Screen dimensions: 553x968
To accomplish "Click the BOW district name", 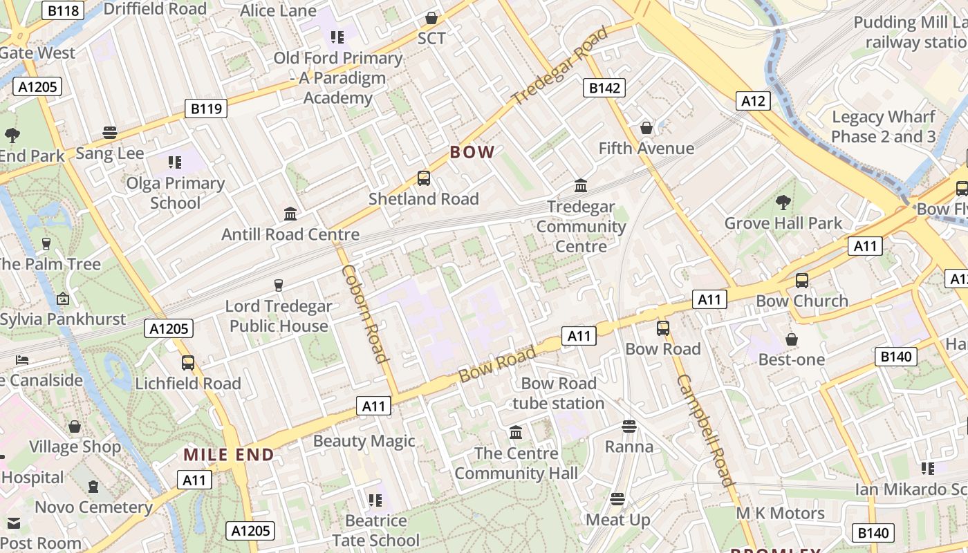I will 472,152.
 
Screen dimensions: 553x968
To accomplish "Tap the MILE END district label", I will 229,455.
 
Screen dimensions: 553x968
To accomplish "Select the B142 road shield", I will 604,88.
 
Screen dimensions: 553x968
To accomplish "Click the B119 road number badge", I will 206,109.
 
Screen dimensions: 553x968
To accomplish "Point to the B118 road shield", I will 63,10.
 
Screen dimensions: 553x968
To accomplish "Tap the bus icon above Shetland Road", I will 423,178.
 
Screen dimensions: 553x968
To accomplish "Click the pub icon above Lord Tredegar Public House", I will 279,285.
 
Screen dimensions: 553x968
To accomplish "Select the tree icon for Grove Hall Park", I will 783,203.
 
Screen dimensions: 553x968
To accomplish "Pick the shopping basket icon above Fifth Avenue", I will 646,128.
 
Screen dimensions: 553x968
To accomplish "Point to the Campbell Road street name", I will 705,430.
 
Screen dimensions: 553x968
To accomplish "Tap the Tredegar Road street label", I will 560,66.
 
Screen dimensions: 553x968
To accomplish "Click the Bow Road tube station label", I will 559,393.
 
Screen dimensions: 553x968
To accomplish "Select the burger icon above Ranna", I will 629,426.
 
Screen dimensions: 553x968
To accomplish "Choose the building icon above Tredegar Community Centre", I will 581,185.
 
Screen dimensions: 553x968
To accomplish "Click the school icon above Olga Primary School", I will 175,162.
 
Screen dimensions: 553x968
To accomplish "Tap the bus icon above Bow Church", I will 802,280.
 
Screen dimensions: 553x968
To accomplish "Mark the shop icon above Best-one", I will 792,339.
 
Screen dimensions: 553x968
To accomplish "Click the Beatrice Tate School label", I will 375,530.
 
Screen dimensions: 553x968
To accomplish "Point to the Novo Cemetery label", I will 93,507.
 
